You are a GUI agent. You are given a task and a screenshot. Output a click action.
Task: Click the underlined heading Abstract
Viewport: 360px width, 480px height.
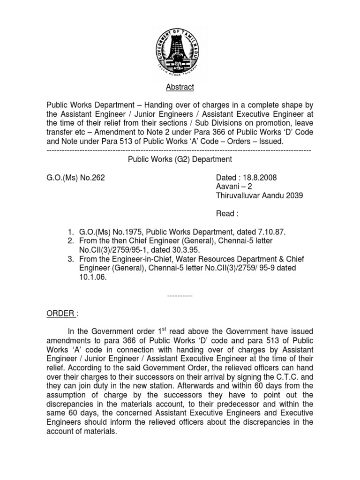180,87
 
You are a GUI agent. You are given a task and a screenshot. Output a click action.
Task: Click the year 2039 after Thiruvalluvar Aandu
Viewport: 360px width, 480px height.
294,195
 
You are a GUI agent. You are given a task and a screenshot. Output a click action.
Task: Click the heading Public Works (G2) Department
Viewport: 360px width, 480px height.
180,159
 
